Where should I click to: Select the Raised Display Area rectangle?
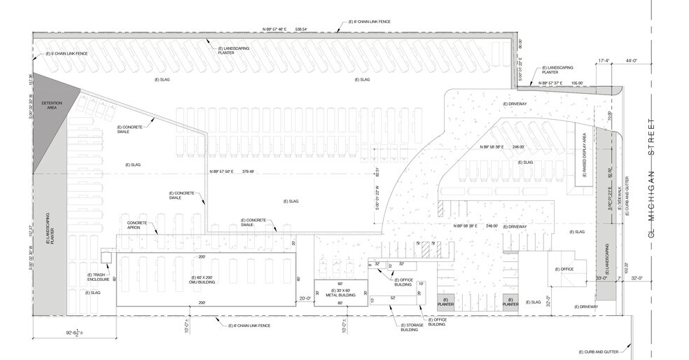point(580,158)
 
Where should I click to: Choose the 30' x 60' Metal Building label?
point(341,293)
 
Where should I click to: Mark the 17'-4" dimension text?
point(605,61)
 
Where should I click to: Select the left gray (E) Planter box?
point(446,302)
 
